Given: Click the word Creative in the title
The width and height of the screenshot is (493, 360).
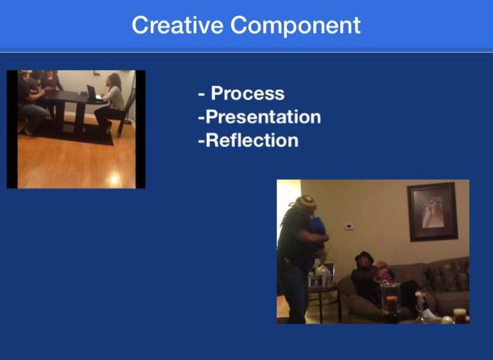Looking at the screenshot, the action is tap(177, 25).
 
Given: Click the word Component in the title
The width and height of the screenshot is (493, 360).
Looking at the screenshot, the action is tap(295, 26).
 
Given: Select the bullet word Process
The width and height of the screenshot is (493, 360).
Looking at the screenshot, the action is tap(247, 94).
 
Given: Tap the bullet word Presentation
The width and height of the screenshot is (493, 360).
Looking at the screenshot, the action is tap(263, 117).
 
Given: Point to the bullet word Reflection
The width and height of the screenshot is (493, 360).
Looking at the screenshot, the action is tap(252, 141).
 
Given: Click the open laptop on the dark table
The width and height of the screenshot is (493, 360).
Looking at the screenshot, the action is tap(93, 92).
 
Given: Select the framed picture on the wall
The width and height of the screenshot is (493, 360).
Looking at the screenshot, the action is tap(432, 212).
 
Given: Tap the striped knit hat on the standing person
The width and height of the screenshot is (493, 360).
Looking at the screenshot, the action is tap(306, 203).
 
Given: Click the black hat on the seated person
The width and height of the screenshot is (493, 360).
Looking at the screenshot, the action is tap(364, 257).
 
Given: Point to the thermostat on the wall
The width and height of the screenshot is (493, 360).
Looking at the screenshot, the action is tap(349, 227).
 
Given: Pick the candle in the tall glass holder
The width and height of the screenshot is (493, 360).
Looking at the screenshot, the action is tap(392, 304).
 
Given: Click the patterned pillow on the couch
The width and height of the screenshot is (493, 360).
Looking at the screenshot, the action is tap(447, 277).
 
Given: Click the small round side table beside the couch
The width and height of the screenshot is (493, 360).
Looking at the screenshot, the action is tap(324, 302).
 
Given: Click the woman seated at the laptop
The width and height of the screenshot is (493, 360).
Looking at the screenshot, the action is tap(111, 103).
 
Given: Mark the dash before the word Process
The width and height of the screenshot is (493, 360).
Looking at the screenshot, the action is tap(202, 94).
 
